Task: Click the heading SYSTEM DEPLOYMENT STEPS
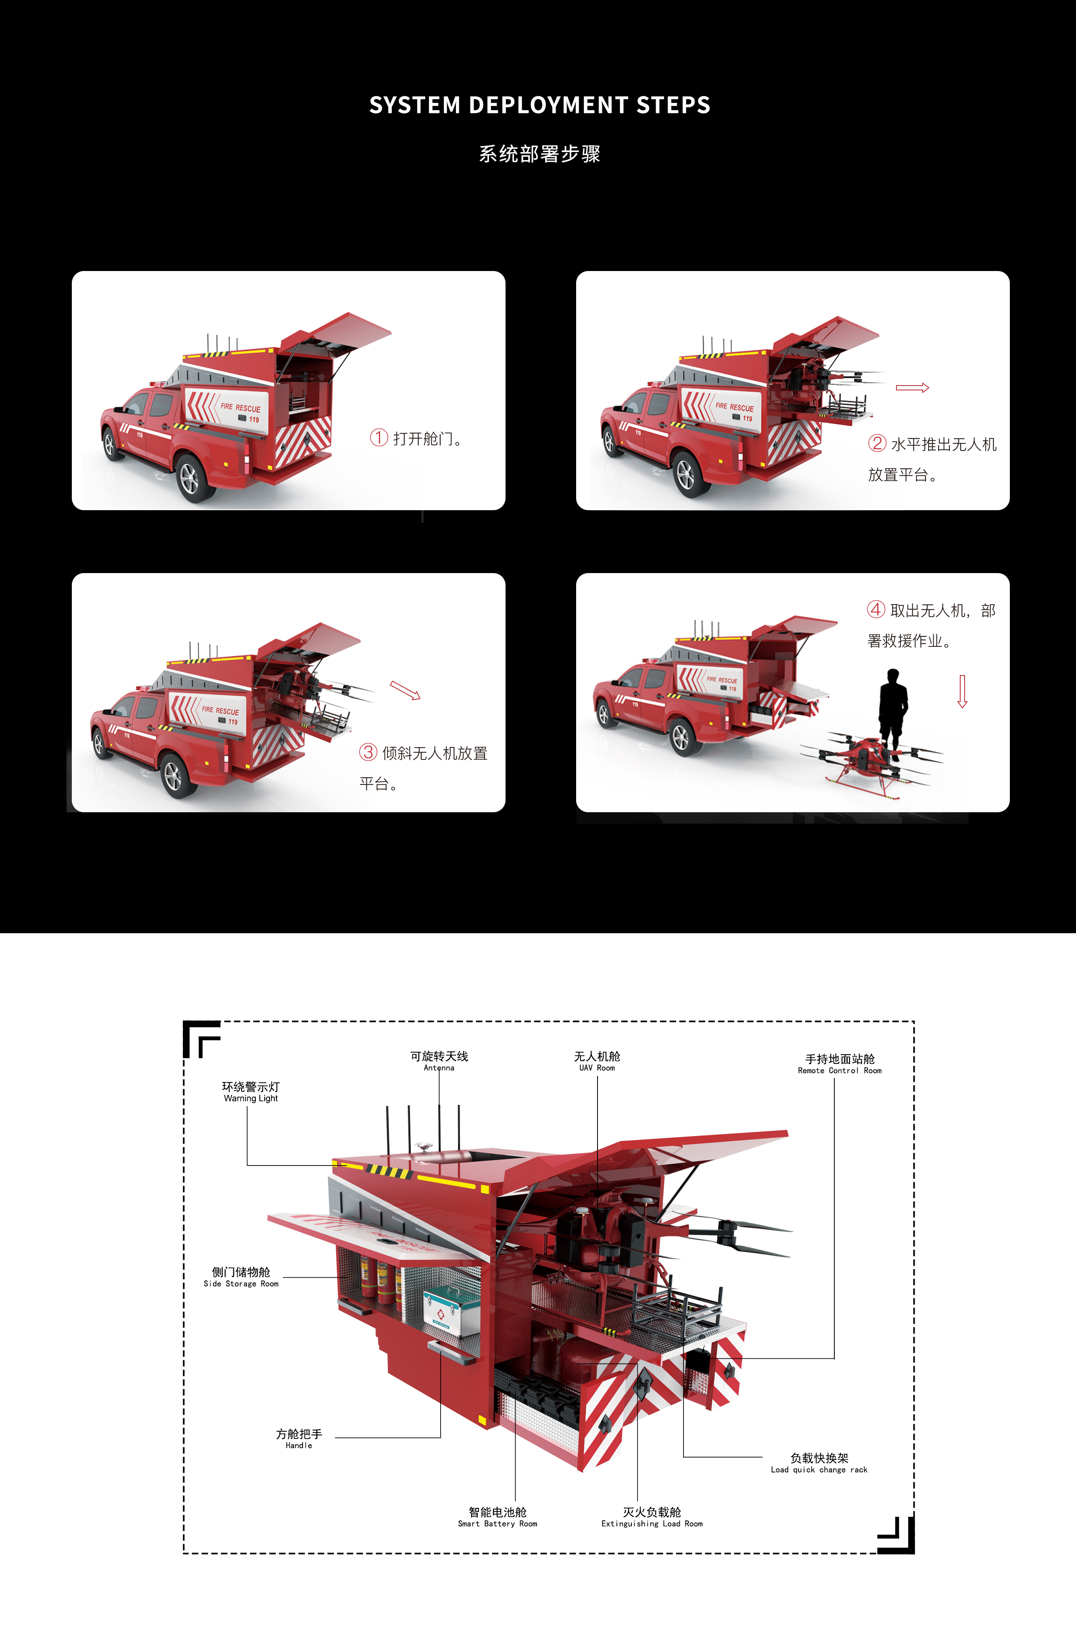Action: [x=539, y=105]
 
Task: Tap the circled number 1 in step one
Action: [x=379, y=438]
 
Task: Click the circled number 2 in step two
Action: [x=877, y=443]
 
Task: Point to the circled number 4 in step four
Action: [x=876, y=609]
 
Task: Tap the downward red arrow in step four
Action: [x=962, y=692]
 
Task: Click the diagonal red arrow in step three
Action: [x=405, y=690]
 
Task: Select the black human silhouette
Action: [x=892, y=710]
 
